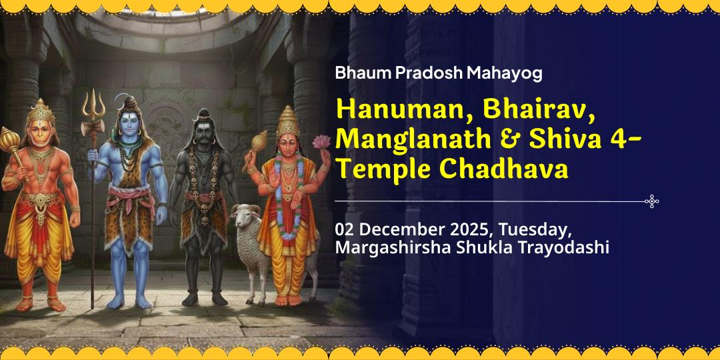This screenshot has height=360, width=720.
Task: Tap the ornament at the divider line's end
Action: (x=652, y=201)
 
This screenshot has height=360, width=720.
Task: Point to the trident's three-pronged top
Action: (x=93, y=103)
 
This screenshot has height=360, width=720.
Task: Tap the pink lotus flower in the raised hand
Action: (x=322, y=142)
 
